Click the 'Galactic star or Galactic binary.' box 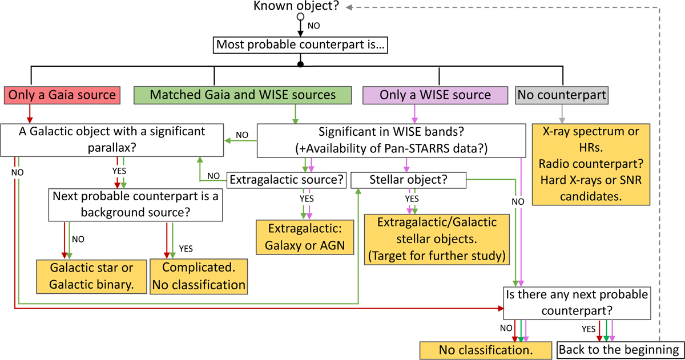pos(90,277)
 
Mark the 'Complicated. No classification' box pos(199,277)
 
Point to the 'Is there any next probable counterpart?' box pos(576,302)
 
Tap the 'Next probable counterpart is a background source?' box pos(135,204)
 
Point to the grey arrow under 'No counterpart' pos(563,114)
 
